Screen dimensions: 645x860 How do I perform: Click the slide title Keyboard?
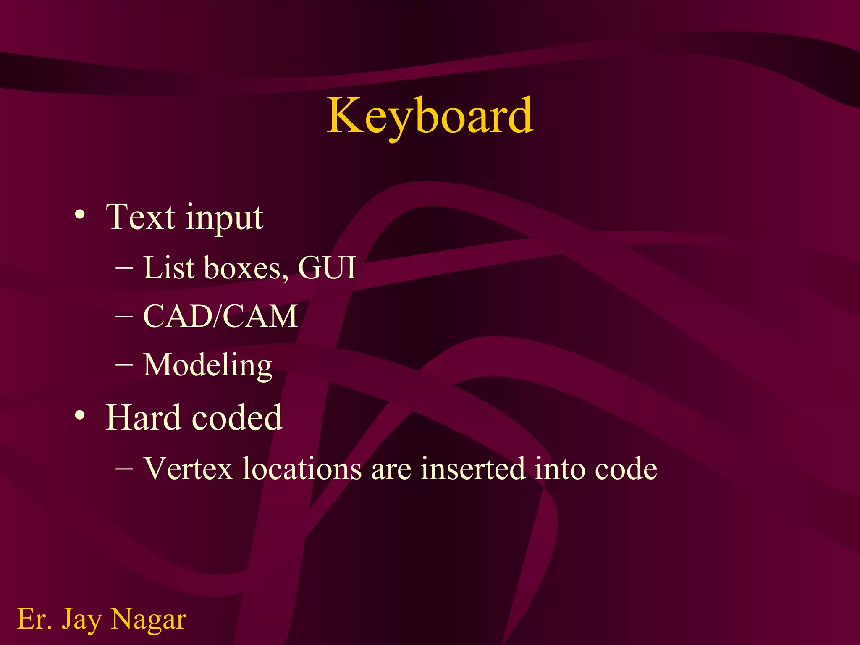click(430, 115)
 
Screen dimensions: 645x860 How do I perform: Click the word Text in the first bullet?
click(140, 217)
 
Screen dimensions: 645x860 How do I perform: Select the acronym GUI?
click(327, 267)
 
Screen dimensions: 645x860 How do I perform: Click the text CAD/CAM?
click(220, 316)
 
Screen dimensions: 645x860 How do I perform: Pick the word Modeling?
click(207, 365)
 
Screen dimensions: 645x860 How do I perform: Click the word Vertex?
click(188, 468)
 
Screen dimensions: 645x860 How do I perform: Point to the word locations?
click(302, 468)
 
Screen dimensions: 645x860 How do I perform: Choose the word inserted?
click(473, 468)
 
